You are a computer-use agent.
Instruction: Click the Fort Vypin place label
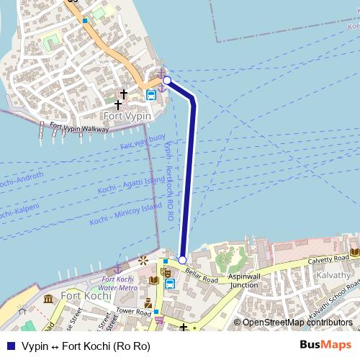point(127,116)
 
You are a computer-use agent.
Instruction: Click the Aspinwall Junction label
point(245,280)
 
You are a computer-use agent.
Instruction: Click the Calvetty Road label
point(328,261)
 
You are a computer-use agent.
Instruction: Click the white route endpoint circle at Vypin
point(166,80)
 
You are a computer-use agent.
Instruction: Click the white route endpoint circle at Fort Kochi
point(182,260)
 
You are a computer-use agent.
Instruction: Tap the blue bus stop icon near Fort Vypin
point(151,94)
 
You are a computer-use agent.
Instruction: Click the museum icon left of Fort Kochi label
point(48,298)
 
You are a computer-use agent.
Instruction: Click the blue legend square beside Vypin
point(10,346)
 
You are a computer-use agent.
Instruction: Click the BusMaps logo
point(325,345)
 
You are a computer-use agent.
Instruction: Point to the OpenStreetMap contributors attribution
point(297,323)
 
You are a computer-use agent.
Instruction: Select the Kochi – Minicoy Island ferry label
point(126,214)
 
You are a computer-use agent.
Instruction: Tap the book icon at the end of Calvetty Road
point(354,253)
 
